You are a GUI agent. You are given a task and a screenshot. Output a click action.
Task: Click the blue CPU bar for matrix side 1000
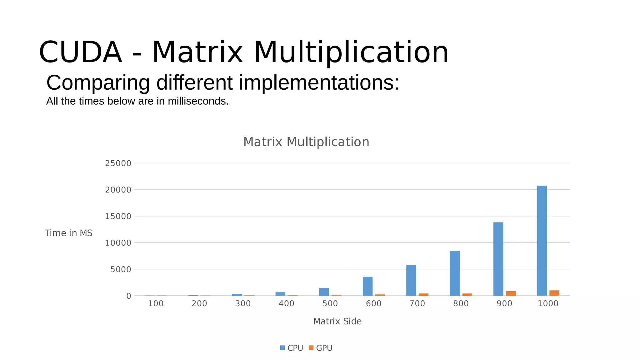tap(542, 241)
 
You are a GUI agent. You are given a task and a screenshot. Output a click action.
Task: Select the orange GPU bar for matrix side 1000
tap(554, 293)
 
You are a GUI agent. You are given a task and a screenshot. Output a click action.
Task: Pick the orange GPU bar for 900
tap(511, 293)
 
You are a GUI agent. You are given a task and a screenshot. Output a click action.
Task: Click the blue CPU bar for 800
tap(455, 273)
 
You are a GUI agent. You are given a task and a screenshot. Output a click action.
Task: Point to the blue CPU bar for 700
tap(411, 280)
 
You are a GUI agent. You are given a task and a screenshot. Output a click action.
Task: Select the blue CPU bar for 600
tap(367, 286)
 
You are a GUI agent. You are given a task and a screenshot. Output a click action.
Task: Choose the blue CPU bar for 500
tap(324, 292)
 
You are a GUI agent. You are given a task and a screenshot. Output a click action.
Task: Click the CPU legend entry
tap(291, 348)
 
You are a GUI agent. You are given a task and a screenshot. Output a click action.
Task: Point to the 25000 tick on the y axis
tap(118, 163)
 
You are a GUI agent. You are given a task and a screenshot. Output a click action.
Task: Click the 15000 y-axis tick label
tap(118, 216)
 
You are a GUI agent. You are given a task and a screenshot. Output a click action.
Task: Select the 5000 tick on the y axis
tap(120, 269)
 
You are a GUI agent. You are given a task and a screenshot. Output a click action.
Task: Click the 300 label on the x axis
tap(243, 303)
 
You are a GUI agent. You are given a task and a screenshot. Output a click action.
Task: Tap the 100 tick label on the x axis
tap(156, 303)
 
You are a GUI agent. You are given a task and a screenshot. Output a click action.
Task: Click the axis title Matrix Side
tap(337, 321)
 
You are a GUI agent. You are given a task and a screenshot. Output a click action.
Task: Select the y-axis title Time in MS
tap(68, 233)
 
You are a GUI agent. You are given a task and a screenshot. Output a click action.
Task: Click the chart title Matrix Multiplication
tap(306, 142)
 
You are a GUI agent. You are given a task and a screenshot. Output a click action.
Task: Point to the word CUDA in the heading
tap(80, 52)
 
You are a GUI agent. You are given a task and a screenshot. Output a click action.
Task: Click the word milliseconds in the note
tap(198, 101)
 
